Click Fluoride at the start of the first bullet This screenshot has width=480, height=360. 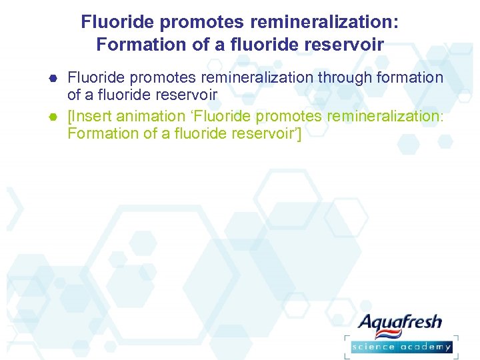click(x=94, y=78)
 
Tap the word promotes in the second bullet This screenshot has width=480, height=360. click(x=278, y=116)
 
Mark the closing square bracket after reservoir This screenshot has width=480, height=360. click(x=299, y=134)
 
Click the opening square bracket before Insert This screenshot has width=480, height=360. click(x=70, y=116)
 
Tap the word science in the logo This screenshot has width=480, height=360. click(x=375, y=347)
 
